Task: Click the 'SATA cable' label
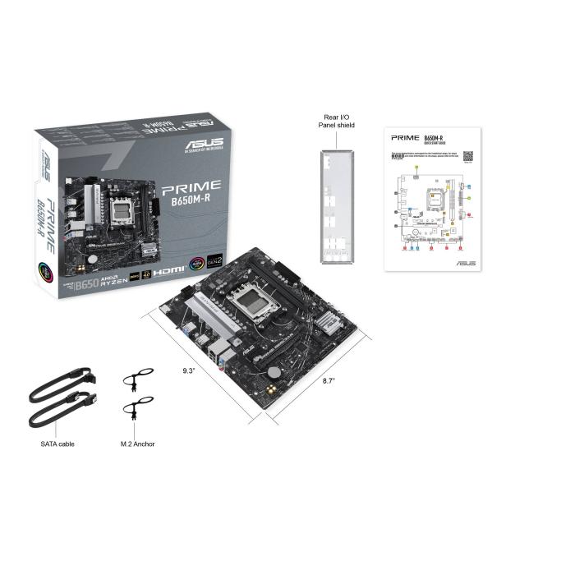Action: (57, 444)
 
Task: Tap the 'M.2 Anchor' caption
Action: (137, 444)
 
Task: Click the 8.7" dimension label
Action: (329, 381)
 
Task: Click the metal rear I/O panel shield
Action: (338, 201)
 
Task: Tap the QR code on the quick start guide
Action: (467, 155)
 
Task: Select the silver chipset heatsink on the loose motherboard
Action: (327, 325)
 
